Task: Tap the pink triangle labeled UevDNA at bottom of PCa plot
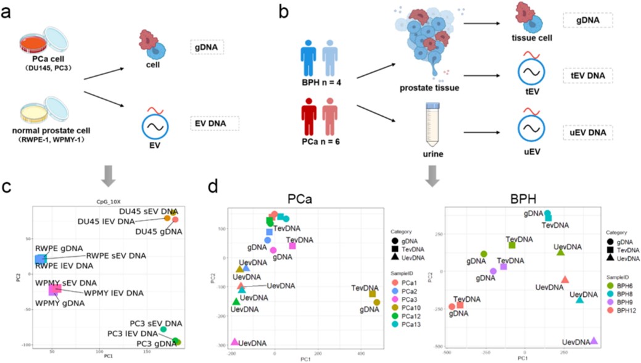click(234, 341)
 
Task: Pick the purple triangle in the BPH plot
click(593, 340)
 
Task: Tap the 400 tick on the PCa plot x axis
click(360, 353)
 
